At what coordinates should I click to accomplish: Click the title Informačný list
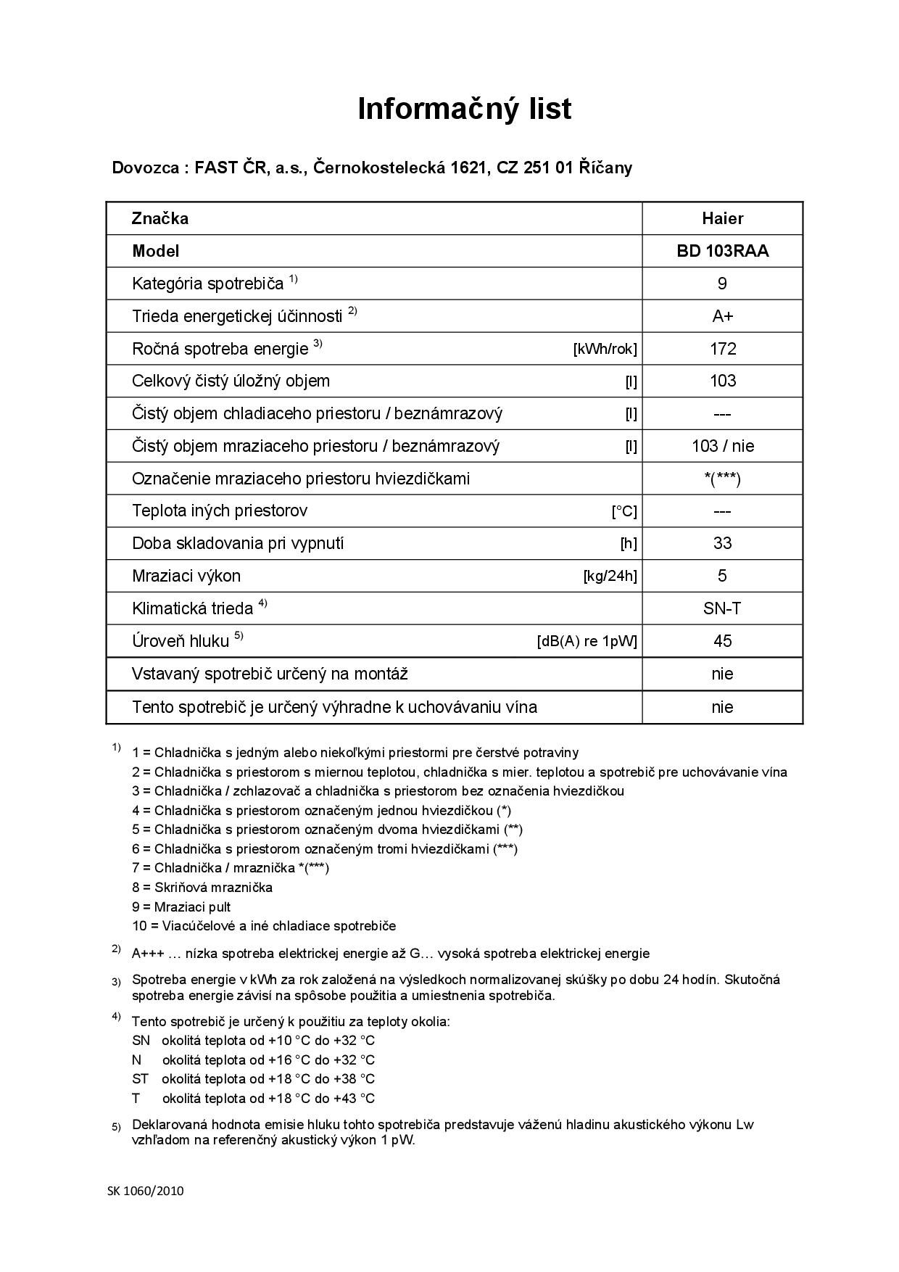tap(464, 109)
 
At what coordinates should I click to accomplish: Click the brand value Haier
tap(722, 218)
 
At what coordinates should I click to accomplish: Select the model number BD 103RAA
tap(722, 251)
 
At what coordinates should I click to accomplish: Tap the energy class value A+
tap(722, 316)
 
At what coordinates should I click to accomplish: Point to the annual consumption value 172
tap(722, 349)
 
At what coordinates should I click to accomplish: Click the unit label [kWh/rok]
tap(605, 350)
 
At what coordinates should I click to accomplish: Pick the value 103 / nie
tap(722, 446)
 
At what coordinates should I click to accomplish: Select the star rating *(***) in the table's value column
tap(722, 479)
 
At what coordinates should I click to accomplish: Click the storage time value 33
tap(722, 543)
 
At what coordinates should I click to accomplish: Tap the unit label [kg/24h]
tap(610, 577)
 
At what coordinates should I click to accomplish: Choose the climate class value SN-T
tap(722, 608)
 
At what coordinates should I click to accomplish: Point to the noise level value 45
tap(722, 641)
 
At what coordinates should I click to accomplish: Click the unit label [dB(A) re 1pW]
tap(587, 642)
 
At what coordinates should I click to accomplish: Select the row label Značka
tap(160, 218)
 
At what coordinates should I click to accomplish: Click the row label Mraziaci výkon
tap(186, 576)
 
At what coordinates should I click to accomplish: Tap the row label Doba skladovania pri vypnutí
tap(238, 543)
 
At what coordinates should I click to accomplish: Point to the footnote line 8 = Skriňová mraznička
tap(202, 887)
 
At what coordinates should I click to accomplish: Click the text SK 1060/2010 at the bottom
tap(146, 1190)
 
